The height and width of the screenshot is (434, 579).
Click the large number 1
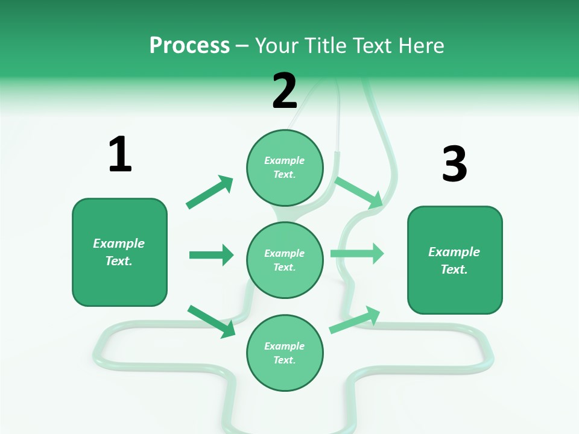click(120, 154)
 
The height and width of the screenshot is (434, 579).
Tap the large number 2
click(285, 91)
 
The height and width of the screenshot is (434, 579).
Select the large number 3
click(454, 164)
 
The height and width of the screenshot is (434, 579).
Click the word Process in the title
click(189, 45)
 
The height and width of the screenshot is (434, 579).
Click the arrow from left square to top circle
click(209, 192)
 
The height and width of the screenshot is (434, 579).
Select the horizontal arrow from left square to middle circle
click(211, 255)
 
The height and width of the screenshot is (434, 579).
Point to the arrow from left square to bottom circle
click(211, 321)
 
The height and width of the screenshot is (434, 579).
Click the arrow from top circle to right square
click(359, 192)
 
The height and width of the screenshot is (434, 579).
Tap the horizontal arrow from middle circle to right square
click(357, 253)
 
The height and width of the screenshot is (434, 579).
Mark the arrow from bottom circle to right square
click(355, 320)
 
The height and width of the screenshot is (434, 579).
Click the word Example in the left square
click(119, 244)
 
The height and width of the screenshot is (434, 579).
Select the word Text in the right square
click(453, 269)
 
